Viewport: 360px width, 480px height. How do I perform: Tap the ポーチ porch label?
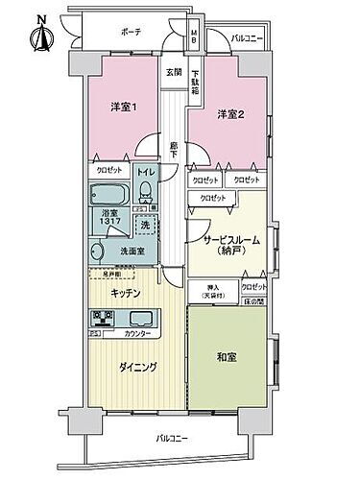(131, 32)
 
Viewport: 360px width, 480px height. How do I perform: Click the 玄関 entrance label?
(173, 72)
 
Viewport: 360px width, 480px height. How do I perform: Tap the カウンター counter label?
(137, 333)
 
